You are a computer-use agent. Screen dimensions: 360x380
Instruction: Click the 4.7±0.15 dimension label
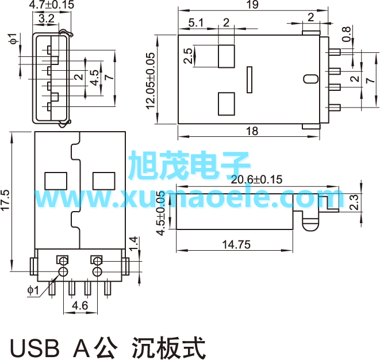click(52, 5)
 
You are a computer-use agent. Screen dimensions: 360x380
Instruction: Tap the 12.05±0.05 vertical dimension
click(151, 80)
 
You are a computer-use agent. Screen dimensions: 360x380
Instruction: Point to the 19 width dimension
click(252, 5)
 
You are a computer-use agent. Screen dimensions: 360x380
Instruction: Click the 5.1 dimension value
click(195, 23)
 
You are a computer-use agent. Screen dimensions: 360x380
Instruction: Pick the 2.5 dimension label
click(188, 56)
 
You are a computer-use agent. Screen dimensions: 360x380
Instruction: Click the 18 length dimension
click(252, 131)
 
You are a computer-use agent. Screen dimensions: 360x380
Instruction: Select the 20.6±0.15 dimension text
click(256, 179)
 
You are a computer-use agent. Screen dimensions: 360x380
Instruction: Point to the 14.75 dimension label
click(236, 244)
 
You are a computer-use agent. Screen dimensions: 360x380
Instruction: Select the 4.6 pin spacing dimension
click(80, 306)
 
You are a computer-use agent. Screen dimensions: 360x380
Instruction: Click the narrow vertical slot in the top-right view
click(249, 79)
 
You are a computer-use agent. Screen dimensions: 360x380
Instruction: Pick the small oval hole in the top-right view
click(310, 79)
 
